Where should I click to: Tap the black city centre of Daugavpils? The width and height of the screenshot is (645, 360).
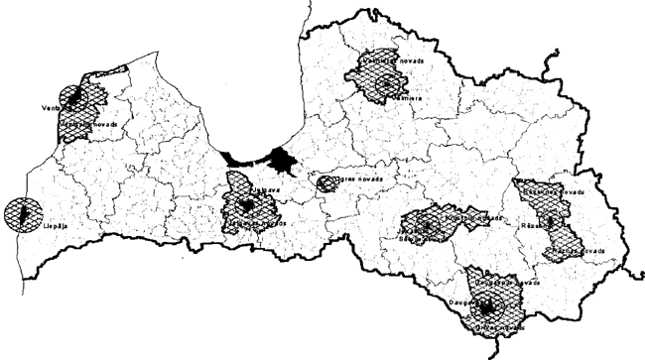click(486, 304)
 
